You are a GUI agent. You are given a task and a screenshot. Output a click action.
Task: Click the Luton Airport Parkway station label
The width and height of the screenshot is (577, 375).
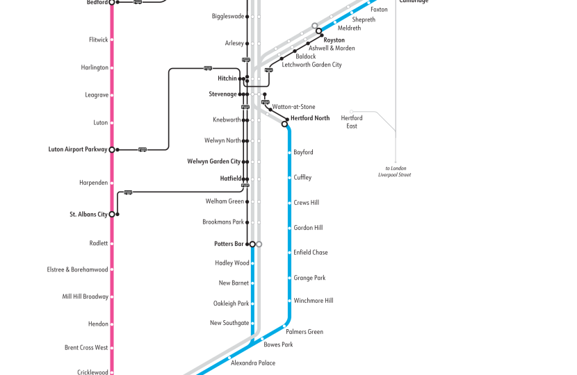tap(77, 149)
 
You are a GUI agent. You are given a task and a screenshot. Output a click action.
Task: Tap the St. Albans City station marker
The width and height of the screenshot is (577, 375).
tap(112, 215)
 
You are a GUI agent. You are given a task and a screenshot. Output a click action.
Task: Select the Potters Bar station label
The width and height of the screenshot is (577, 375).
tap(229, 244)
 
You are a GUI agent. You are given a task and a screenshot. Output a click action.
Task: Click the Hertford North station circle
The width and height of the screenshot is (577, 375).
tap(285, 124)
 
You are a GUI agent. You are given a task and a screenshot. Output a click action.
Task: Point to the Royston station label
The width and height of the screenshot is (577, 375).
tap(334, 40)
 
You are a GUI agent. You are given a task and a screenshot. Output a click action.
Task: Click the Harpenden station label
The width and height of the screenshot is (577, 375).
tap(94, 183)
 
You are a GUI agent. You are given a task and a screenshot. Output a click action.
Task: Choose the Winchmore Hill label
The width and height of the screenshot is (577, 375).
tap(313, 301)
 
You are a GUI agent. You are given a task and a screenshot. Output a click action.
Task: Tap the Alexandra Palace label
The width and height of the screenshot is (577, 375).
tap(252, 363)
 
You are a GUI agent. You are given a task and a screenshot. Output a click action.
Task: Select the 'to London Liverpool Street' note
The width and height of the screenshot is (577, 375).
tap(398, 172)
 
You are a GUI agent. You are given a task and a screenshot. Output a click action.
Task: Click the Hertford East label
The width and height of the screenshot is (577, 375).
tap(351, 122)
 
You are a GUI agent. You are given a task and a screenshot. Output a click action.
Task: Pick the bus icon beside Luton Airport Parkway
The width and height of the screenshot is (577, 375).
tap(143, 149)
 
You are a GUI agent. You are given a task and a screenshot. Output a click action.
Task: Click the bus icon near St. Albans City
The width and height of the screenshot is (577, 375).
tap(128, 192)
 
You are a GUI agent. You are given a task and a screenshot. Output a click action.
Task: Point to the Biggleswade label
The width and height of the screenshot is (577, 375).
tap(227, 16)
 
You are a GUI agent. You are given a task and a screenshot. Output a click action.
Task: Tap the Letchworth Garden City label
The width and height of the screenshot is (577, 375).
tap(311, 65)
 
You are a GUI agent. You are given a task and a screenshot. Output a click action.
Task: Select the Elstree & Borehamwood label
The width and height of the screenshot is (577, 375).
tap(77, 269)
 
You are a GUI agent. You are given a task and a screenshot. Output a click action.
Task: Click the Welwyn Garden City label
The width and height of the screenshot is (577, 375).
tap(213, 162)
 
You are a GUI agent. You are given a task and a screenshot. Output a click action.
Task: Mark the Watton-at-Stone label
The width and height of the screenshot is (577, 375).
tap(293, 107)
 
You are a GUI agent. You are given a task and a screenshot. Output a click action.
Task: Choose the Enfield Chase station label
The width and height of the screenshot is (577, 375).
tap(310, 253)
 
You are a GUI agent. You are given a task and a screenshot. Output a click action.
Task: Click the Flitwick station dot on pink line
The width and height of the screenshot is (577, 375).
tap(112, 40)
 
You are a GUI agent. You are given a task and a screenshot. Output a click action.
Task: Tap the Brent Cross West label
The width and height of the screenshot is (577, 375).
tap(86, 347)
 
